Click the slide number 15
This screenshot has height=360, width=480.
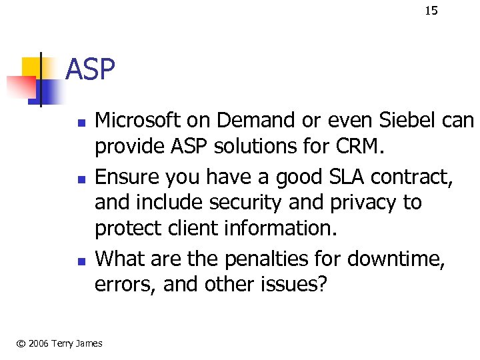point(431,10)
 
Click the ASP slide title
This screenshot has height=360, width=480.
point(91,69)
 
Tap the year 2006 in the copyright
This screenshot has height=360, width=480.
point(35,343)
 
